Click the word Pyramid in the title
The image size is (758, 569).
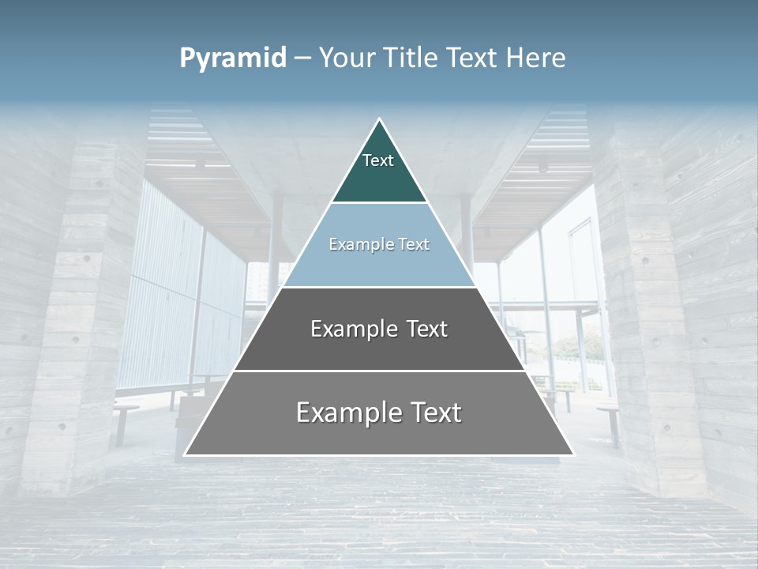[x=233, y=58]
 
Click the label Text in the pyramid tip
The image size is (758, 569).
[x=378, y=160]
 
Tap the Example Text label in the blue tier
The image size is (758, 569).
[x=379, y=244]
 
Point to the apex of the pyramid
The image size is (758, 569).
[x=379, y=120]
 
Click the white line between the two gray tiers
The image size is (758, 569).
[x=379, y=371]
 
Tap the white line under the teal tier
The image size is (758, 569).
[x=379, y=203]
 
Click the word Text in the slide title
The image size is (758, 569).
[x=472, y=58]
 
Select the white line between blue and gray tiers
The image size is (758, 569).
[x=379, y=287]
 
